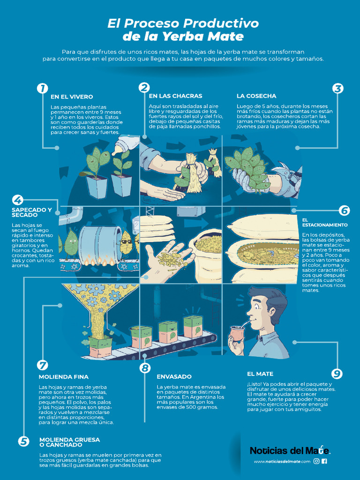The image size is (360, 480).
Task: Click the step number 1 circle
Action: [42, 88]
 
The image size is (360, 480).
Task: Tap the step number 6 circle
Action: [345, 210]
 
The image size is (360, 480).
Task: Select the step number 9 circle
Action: [337, 374]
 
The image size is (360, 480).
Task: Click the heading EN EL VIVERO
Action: [72, 97]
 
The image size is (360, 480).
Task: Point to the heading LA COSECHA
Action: [256, 96]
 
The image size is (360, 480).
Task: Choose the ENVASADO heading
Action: [174, 376]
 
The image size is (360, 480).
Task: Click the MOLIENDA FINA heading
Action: [63, 377]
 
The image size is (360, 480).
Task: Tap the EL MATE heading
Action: [260, 374]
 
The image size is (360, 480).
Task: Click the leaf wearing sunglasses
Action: [126, 240]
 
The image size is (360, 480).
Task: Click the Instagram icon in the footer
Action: [316, 461]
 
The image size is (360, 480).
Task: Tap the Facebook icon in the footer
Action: [324, 461]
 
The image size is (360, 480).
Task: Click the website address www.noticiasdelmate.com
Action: [282, 462]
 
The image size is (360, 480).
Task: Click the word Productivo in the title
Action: [220, 23]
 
